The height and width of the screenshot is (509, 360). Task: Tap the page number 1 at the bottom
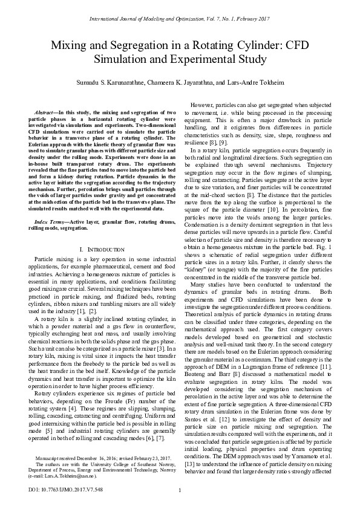coord(180,490)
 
